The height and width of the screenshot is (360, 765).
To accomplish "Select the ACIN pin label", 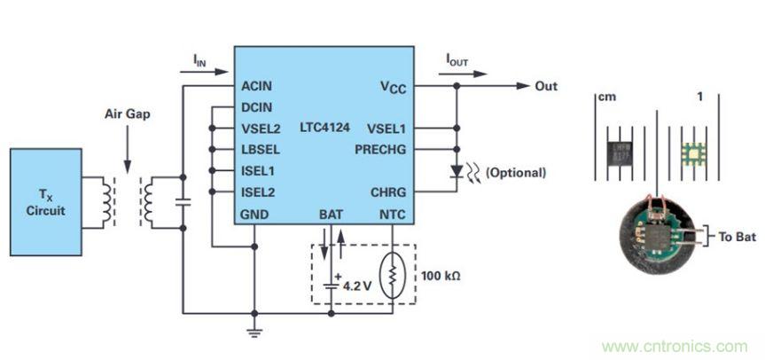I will (257, 86).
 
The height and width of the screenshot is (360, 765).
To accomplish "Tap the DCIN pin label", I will (257, 107).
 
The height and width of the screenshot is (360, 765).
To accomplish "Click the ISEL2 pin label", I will (258, 192).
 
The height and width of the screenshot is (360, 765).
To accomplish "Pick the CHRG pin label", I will (387, 192).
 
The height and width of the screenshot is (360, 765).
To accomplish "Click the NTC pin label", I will (391, 215).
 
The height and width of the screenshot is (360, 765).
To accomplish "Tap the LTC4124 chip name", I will (324, 129).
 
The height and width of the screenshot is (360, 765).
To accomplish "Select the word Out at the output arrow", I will (546, 86).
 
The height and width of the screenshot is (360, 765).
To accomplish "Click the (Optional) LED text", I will (516, 172).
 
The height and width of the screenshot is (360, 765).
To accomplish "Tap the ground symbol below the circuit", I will (254, 333).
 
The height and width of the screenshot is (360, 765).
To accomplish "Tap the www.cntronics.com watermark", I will (675, 346).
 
